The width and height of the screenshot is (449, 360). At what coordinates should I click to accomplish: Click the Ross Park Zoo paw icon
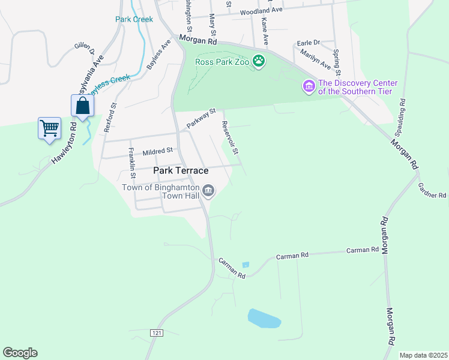(x=259, y=61)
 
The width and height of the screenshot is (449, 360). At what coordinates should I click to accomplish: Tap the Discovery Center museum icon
(x=309, y=87)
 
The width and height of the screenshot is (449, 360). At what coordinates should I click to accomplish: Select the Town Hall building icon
(x=208, y=191)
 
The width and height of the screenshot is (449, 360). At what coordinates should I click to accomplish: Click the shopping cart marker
(x=49, y=128)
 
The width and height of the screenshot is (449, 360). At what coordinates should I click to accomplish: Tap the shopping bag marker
(x=82, y=107)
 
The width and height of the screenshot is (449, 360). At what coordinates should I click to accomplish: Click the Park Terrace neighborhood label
(x=181, y=171)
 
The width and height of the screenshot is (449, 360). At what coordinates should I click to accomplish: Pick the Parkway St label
(x=200, y=118)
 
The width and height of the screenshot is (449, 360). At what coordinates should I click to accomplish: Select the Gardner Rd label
(x=432, y=191)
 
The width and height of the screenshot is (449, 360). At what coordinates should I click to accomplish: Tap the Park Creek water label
(x=134, y=19)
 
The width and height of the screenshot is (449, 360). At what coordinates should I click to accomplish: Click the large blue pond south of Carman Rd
(x=264, y=319)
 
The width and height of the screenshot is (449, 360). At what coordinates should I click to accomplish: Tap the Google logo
(x=20, y=353)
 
